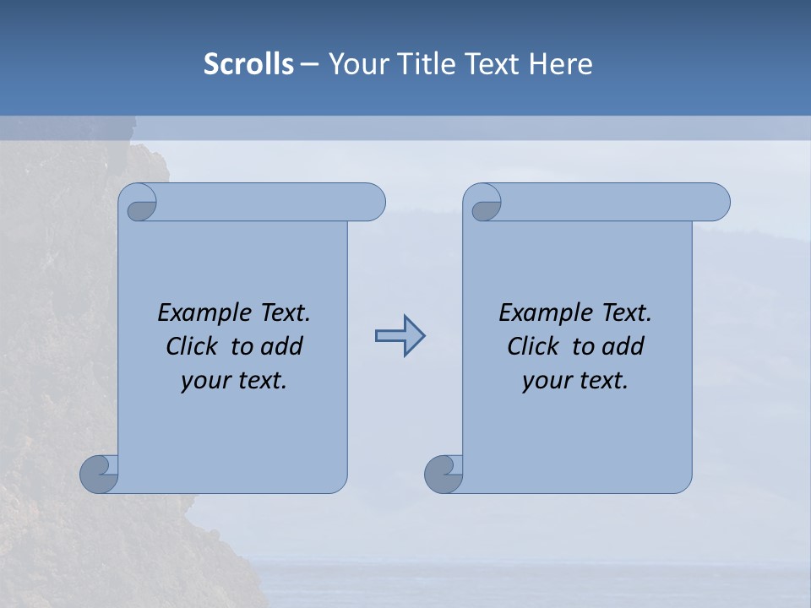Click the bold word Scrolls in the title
coord(248,64)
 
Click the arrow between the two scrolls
coord(400,336)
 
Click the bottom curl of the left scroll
coord(100,474)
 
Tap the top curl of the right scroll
coord(484,204)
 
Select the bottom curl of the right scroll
coord(444,474)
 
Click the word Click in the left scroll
coord(193,346)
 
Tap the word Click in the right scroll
coord(533,346)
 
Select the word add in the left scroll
coord(281,346)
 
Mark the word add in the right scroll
coord(623,346)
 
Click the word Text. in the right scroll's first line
coord(625,313)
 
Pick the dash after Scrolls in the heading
coord(309,64)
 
